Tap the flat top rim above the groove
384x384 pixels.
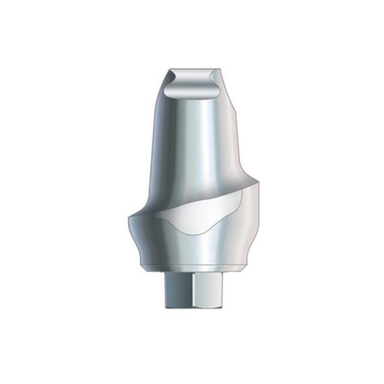pos(192,71)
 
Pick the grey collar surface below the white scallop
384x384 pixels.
pos(192,249)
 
